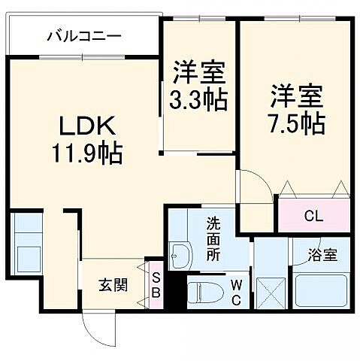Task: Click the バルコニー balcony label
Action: [83, 35]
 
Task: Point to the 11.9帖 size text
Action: [87, 155]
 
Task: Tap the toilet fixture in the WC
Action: [203, 292]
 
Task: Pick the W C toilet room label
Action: [236, 290]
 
